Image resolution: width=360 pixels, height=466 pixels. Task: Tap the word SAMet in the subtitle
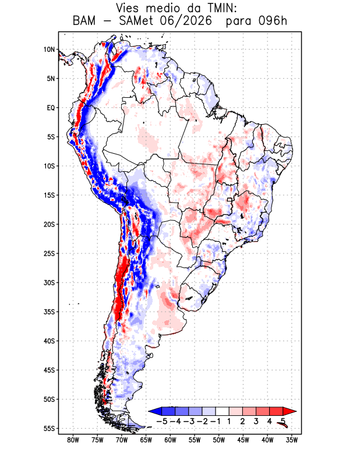tap(136, 21)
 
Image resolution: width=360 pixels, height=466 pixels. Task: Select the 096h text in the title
tap(273, 21)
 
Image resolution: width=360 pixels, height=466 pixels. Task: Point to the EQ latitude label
tap(51, 108)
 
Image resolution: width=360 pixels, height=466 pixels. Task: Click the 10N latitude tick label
tap(50, 50)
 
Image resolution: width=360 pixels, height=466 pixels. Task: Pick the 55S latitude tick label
tap(50, 428)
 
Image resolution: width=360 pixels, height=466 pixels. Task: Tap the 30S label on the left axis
tap(50, 283)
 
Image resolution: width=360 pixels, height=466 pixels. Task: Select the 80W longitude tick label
tap(73, 440)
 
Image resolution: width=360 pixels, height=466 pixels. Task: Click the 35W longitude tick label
tap(292, 440)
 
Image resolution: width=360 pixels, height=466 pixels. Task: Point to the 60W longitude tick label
tap(170, 440)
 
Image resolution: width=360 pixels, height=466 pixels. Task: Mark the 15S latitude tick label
tap(50, 195)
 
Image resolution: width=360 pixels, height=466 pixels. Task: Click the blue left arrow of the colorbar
tap(155, 411)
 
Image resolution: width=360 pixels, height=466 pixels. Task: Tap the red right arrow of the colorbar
tap(290, 411)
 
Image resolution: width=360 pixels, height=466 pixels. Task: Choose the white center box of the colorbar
tap(223, 411)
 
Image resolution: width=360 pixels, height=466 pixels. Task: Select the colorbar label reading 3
tap(256, 421)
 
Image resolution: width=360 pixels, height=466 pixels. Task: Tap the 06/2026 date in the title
tap(186, 21)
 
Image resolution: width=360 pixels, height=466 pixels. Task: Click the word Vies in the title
tap(127, 8)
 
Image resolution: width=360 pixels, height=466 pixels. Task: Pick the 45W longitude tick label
tap(243, 440)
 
